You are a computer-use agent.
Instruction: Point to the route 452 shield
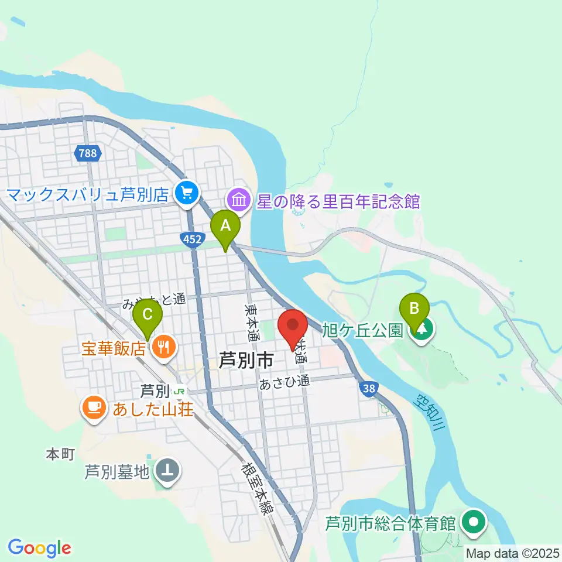[x=193, y=239]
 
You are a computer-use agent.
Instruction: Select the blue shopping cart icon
[x=187, y=192]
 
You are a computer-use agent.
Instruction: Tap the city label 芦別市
[x=245, y=360]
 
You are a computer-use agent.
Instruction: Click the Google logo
[x=39, y=547]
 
